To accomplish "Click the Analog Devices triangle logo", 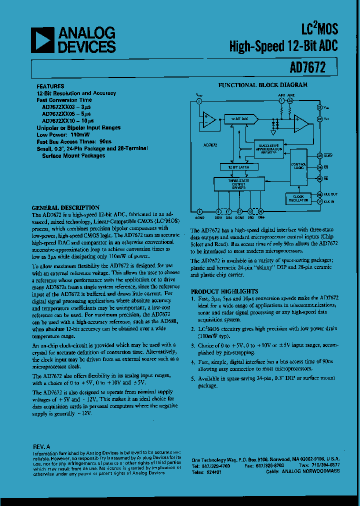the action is point(42,40).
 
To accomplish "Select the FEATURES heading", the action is point(50,86).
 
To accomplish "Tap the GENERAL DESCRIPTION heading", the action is point(65,207).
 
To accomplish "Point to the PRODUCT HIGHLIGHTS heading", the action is point(224,291).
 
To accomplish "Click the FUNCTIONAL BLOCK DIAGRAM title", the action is point(262,85).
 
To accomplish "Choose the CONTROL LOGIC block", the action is point(298,166).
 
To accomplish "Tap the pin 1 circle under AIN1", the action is point(281,101).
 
